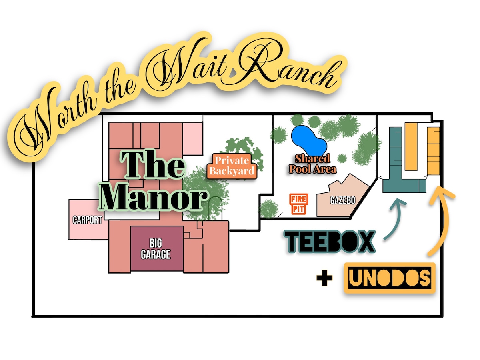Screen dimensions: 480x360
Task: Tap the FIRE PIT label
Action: click(298, 204)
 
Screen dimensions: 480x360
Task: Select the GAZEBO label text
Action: click(342, 200)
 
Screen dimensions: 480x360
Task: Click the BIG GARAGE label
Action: click(156, 249)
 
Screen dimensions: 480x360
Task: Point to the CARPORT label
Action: click(87, 220)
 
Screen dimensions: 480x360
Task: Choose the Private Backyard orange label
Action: click(232, 166)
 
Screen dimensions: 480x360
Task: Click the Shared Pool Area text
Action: click(313, 164)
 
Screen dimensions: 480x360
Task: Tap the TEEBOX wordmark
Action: click(330, 242)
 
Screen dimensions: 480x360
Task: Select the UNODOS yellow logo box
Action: click(390, 278)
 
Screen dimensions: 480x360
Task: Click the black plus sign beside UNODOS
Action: click(324, 278)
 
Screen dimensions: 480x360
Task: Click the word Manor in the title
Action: click(154, 198)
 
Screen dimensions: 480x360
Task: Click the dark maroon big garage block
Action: click(157, 248)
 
